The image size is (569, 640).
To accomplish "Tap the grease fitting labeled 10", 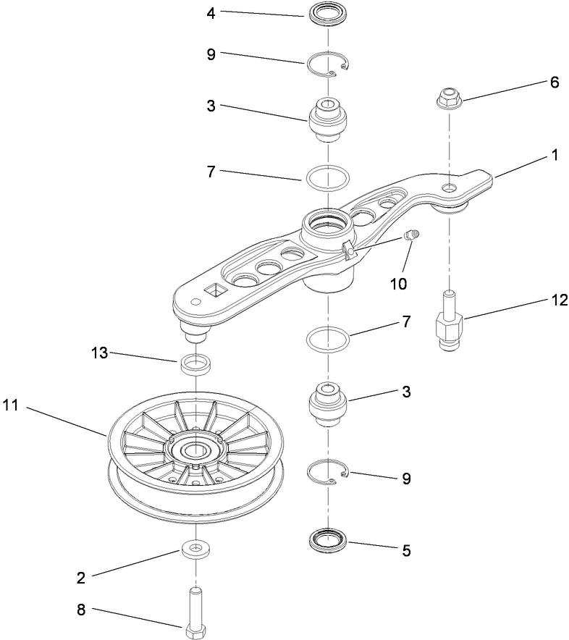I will pyautogui.click(x=410, y=235).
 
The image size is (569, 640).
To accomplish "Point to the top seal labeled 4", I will pyautogui.click(x=327, y=13).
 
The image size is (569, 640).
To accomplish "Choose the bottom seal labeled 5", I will pyautogui.click(x=327, y=540).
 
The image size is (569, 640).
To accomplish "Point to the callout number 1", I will pyautogui.click(x=555, y=154).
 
